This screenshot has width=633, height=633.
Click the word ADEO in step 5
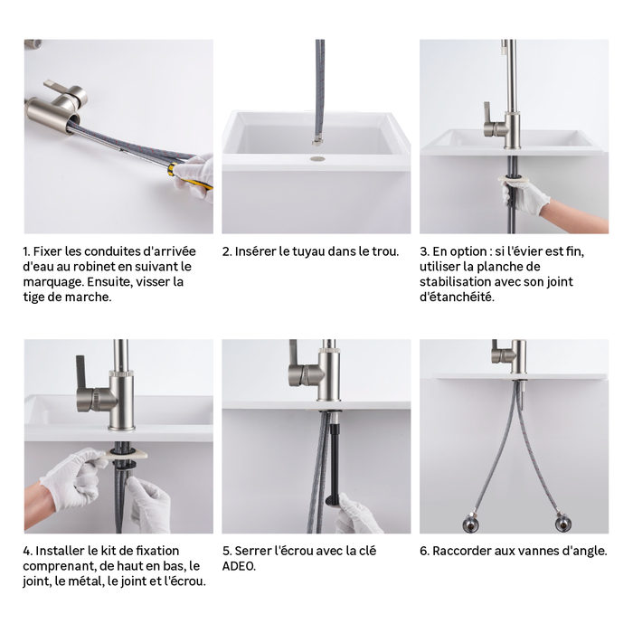coord(240,566)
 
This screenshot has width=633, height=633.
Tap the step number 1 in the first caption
coord(27,251)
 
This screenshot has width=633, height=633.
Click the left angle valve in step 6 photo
coord(470,521)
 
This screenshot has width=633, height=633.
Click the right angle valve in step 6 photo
coord(563,521)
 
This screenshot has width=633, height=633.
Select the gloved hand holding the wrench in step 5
coord(355,514)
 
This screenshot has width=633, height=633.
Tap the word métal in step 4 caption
coord(77,581)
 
